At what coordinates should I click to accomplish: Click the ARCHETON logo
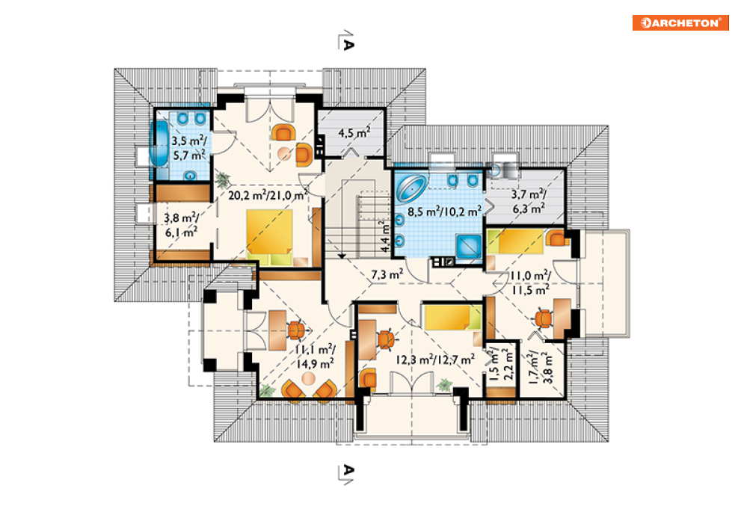pyautogui.click(x=680, y=22)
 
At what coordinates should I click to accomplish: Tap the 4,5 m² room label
pyautogui.click(x=354, y=133)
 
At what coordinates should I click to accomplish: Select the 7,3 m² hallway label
pyautogui.click(x=387, y=274)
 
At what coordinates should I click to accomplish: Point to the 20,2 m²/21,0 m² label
pyautogui.click(x=268, y=194)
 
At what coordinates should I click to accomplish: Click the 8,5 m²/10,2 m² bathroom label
pyautogui.click(x=445, y=211)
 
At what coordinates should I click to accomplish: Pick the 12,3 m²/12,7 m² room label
pyautogui.click(x=435, y=360)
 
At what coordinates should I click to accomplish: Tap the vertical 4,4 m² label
pyautogui.click(x=385, y=235)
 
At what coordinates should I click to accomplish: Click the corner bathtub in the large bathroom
pyautogui.click(x=411, y=187)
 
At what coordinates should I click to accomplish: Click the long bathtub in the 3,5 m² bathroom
pyautogui.click(x=159, y=144)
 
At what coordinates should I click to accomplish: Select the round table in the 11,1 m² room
pyautogui.click(x=308, y=379)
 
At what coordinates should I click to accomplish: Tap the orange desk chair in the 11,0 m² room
pyautogui.click(x=544, y=318)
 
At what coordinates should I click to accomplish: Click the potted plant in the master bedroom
pyautogui.click(x=222, y=179)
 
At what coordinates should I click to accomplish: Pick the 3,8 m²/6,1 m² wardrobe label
pyautogui.click(x=181, y=225)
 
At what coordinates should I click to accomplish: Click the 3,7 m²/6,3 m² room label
pyautogui.click(x=528, y=202)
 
